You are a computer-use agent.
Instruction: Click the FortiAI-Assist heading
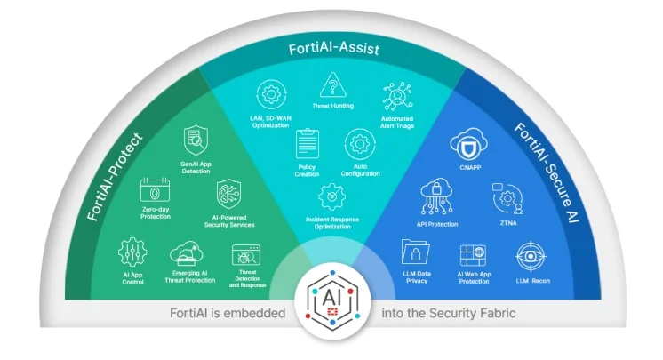(x=332, y=50)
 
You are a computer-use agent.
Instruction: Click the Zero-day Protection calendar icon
(x=155, y=192)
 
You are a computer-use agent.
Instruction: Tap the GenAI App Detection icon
(x=196, y=141)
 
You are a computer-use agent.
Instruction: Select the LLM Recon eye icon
(x=530, y=257)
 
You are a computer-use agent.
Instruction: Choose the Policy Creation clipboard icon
(x=308, y=143)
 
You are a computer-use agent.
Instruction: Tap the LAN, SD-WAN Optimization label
(x=271, y=122)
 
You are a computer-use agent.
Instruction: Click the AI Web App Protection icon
(x=472, y=256)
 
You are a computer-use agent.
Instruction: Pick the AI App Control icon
(x=132, y=252)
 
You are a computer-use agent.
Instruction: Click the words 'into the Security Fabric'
(x=448, y=313)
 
